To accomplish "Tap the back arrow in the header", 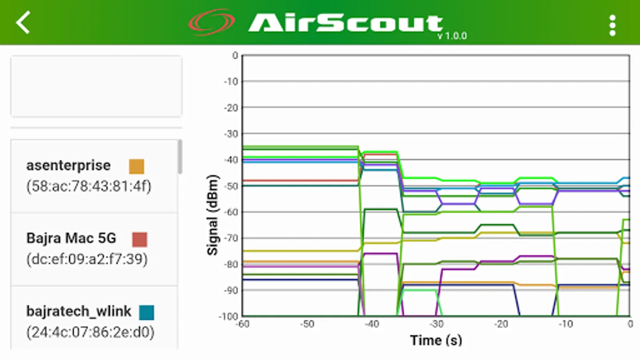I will tap(23, 22).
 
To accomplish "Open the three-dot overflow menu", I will tap(612, 26).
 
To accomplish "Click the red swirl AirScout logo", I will tap(212, 22).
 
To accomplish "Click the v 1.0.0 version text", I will tap(452, 36).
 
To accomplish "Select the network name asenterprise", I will tap(68, 165).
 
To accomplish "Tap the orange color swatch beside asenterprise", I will tap(136, 166).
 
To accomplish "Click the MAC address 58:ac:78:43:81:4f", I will tap(89, 186).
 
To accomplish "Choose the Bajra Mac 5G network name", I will tap(71, 238).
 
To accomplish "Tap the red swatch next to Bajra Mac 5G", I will tap(140, 240).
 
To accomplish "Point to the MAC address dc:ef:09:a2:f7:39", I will tap(87, 259).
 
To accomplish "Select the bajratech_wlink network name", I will tap(79, 311).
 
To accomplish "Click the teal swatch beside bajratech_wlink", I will tap(146, 312).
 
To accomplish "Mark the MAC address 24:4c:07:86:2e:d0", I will tap(90, 332).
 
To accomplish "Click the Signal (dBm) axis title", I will tap(213, 215).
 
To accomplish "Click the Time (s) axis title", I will tap(436, 340).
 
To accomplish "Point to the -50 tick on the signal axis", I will tap(231, 186).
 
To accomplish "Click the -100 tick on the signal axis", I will tap(229, 316).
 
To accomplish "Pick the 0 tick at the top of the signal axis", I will tap(235, 56).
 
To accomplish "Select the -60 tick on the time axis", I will tap(243, 324).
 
